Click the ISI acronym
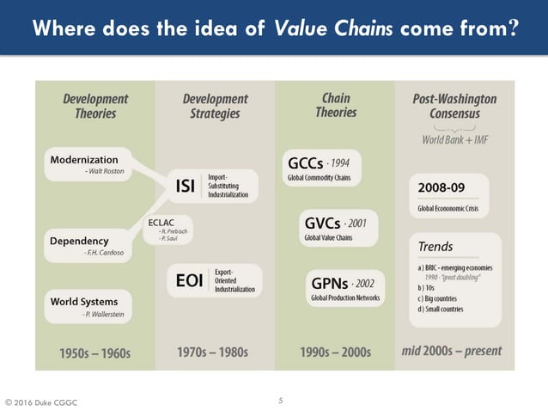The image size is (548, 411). (184, 187)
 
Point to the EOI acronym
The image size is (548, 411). (188, 280)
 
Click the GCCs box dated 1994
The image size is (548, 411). (322, 167)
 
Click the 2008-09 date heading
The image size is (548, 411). (441, 187)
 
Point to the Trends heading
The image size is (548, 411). (435, 247)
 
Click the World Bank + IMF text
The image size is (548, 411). (454, 139)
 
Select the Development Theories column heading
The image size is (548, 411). (95, 106)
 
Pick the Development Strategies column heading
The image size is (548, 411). (215, 106)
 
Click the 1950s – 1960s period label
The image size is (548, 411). (94, 352)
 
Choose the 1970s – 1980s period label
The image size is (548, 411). (214, 352)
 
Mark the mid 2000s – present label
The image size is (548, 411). (452, 351)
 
